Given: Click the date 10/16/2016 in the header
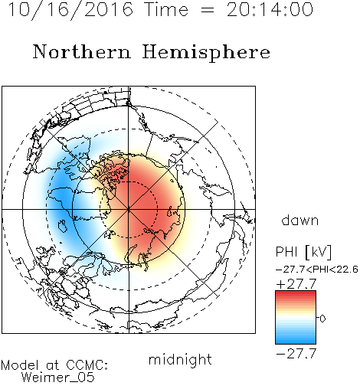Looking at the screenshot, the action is coord(70,9).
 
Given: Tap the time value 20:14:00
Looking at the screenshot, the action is coord(270,9).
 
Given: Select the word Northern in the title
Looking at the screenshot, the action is coord(82,51).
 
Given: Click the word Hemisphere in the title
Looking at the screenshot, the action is coord(206,52).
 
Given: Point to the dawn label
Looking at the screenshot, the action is coord(300,220).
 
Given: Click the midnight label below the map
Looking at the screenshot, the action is coord(180,359).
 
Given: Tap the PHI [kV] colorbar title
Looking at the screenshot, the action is coord(303,252).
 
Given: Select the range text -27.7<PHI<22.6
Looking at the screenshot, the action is coord(317,270).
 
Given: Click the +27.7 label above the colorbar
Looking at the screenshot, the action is coord(296,284).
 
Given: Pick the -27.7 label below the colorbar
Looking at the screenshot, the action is coord(296,354).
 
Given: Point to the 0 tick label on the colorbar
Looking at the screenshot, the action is coord(322,319).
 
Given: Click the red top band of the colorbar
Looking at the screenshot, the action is coord(296,295).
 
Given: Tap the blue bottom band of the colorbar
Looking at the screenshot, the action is coord(296,340).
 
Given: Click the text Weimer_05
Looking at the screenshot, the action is coord(58,378).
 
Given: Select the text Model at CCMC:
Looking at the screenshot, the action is coord(54,365).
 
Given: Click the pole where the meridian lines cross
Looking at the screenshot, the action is coord(129,210).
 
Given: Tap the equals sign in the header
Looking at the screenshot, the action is coord(207,10).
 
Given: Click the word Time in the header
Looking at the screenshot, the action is coord(166,9).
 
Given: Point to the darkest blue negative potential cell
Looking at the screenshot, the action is coord(61,197).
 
